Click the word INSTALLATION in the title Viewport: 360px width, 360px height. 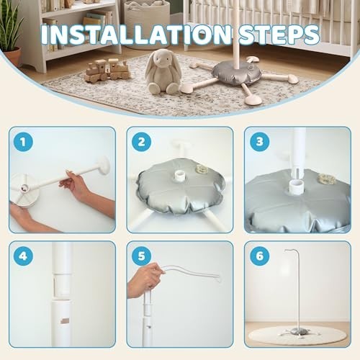pos(136,35)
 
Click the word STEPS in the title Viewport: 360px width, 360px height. pos(279,35)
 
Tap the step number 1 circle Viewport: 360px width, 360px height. pos(23,142)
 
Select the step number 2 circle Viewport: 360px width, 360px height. pos(141,142)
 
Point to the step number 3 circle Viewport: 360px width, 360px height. pos(260,142)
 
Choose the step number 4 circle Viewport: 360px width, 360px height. pos(23,256)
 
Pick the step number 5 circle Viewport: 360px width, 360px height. pos(141,256)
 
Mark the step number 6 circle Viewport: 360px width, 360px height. pos(260,256)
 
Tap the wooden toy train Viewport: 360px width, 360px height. pos(107,70)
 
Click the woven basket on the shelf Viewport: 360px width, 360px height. pos(147,17)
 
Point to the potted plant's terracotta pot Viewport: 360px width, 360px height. pos(12,56)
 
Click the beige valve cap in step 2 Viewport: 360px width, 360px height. pos(202,170)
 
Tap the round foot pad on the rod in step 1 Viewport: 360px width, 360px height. pos(104,165)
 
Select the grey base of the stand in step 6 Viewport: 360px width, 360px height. pos(298,332)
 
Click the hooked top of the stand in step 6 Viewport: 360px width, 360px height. pos(291,251)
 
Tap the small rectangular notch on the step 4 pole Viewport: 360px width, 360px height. pos(64,321)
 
